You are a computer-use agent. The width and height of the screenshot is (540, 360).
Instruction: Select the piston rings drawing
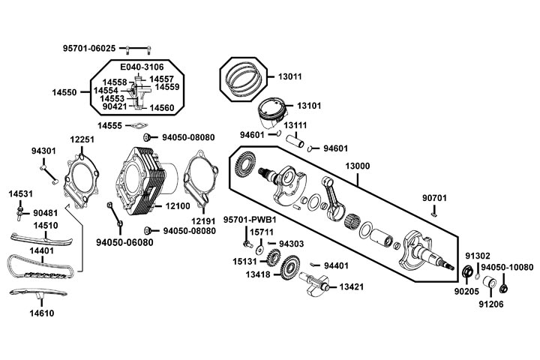(x=243, y=76)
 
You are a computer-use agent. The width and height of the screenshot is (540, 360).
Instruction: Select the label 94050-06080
(x=124, y=242)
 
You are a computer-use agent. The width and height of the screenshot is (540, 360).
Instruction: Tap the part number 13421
(x=352, y=287)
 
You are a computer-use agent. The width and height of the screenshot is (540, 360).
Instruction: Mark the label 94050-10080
(x=507, y=267)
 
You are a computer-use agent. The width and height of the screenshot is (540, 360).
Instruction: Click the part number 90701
(x=434, y=198)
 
